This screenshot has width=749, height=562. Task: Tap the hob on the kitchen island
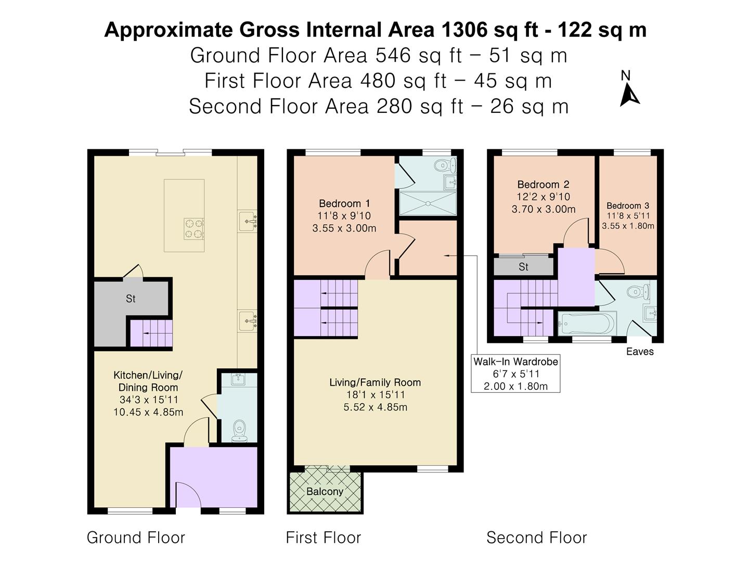[193, 228]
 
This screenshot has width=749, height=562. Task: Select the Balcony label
[325, 492]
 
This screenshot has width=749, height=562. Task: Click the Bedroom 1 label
[344, 203]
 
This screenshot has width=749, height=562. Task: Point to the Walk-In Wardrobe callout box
[515, 374]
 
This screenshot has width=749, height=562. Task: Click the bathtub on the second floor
[586, 324]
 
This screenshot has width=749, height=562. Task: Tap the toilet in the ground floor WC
[239, 430]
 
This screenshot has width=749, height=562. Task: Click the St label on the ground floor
[131, 299]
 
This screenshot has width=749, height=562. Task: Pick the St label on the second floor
[523, 267]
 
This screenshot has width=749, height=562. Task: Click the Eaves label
[639, 352]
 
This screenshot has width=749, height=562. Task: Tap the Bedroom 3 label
[627, 206]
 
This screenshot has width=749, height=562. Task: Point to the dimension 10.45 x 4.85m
[148, 412]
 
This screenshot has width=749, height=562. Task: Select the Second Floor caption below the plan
[536, 538]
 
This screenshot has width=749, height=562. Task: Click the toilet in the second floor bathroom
[637, 291]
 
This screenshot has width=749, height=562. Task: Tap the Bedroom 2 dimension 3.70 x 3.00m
[543, 209]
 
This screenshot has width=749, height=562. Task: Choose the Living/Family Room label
[374, 382]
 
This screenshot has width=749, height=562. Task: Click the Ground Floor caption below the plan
[136, 538]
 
